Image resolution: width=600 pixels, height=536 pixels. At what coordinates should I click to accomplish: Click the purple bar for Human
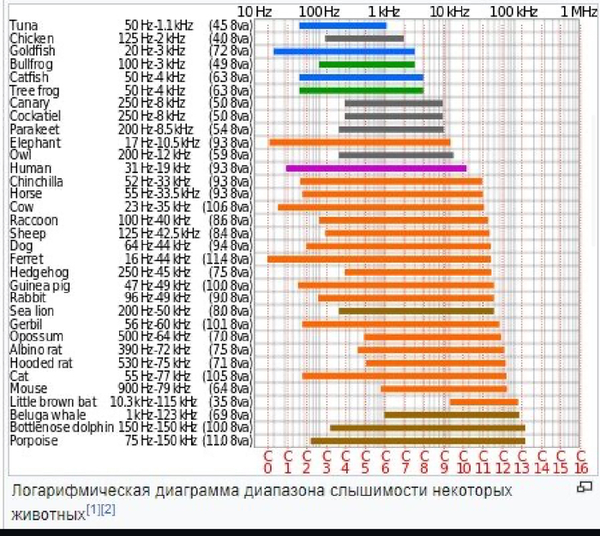point(375,168)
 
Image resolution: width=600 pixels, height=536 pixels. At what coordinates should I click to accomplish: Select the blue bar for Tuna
point(342,25)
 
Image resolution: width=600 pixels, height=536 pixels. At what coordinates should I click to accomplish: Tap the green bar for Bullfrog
point(366,64)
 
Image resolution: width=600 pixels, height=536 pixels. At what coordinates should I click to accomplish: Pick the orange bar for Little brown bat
point(483,402)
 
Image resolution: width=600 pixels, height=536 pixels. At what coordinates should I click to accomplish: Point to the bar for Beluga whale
point(451,414)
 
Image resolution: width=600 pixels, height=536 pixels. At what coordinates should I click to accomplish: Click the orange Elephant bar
point(359,142)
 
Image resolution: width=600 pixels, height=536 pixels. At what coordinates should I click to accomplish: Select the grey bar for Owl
point(395,155)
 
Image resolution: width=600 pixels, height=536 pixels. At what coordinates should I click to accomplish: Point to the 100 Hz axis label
point(320,11)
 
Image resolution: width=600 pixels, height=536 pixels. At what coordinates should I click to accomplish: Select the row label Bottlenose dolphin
point(61,427)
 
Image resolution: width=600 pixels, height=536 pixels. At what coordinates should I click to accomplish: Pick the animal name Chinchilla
point(36,182)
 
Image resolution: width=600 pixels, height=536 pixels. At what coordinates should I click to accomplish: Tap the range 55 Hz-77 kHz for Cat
point(155,376)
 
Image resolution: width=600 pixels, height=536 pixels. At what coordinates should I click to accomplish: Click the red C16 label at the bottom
point(580,462)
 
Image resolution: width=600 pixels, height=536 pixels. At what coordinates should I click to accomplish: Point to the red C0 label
point(267,462)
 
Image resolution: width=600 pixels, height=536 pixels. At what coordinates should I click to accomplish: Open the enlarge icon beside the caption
point(585,487)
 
